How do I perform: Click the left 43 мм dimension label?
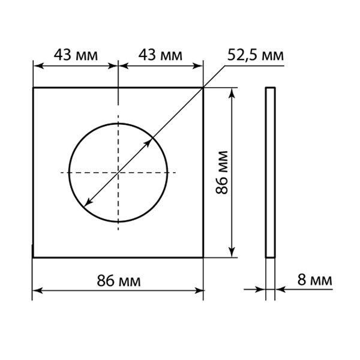(x=76, y=55)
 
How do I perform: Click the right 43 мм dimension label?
(x=160, y=55)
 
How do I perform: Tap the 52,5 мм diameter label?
(x=256, y=55)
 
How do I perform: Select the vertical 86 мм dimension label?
(x=222, y=172)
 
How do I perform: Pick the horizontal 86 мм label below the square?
(x=118, y=281)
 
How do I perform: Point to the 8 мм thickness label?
(x=314, y=280)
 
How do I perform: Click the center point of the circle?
(x=118, y=172)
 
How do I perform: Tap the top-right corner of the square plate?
(x=203, y=88)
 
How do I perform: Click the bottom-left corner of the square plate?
(x=33, y=257)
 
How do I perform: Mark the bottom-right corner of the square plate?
(x=203, y=257)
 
